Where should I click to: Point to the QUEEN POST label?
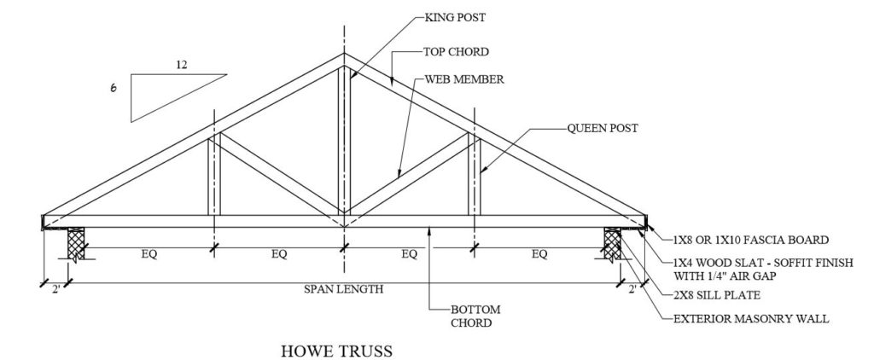coord(603,128)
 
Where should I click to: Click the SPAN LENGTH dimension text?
coord(343,288)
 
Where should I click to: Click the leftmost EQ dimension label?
coord(149,253)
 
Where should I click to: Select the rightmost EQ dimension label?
coord(539,253)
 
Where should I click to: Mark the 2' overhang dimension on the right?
coord(632,289)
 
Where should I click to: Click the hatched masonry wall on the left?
coord(75,245)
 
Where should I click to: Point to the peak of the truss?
coord(344,57)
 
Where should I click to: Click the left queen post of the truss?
coord(216,175)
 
